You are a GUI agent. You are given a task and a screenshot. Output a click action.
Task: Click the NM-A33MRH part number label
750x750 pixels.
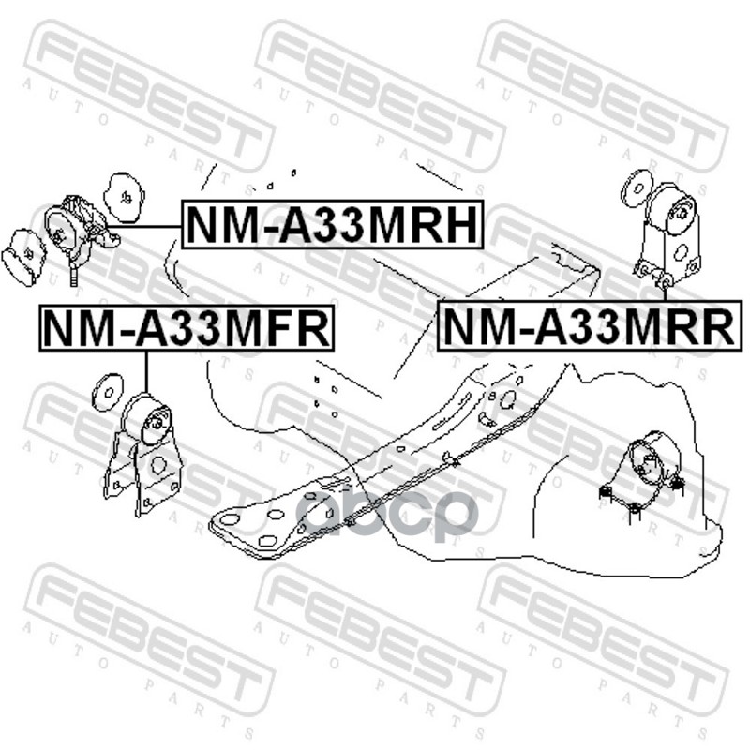pos(332,225)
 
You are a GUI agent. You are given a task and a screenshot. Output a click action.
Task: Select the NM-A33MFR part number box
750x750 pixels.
pos(186,328)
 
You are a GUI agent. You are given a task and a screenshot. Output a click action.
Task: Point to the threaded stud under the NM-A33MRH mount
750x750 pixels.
pos(74,275)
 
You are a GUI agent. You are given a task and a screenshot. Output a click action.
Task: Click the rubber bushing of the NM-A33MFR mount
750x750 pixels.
pos(150,421)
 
